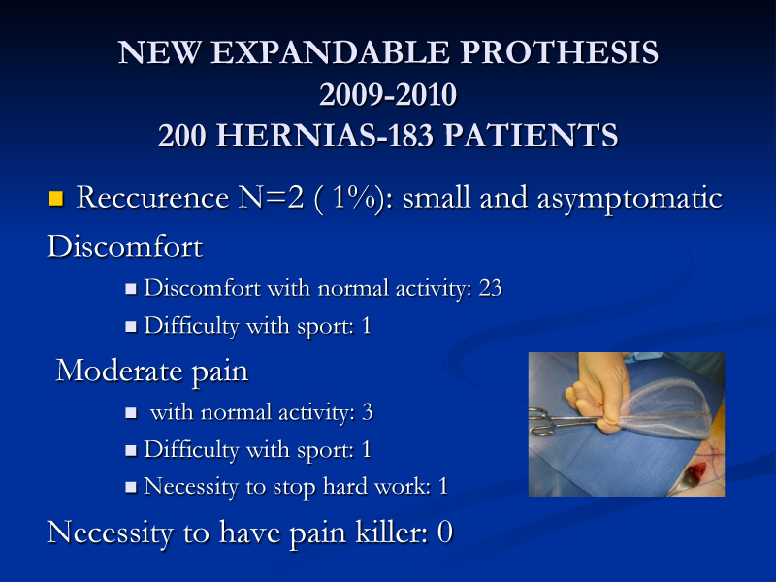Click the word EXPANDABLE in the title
(x=331, y=52)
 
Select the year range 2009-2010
(x=388, y=94)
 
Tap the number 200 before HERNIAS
(x=182, y=135)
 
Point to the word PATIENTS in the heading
(x=531, y=135)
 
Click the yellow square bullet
(x=55, y=199)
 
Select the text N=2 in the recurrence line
(x=272, y=198)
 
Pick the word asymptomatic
(x=630, y=200)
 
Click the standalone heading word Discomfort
(x=125, y=246)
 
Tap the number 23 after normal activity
(x=491, y=288)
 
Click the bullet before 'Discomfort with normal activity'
(x=131, y=289)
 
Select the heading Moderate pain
(x=152, y=372)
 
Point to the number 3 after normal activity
(x=368, y=412)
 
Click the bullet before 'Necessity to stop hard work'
(x=131, y=487)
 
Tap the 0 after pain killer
(x=445, y=533)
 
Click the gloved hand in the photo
(x=598, y=391)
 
